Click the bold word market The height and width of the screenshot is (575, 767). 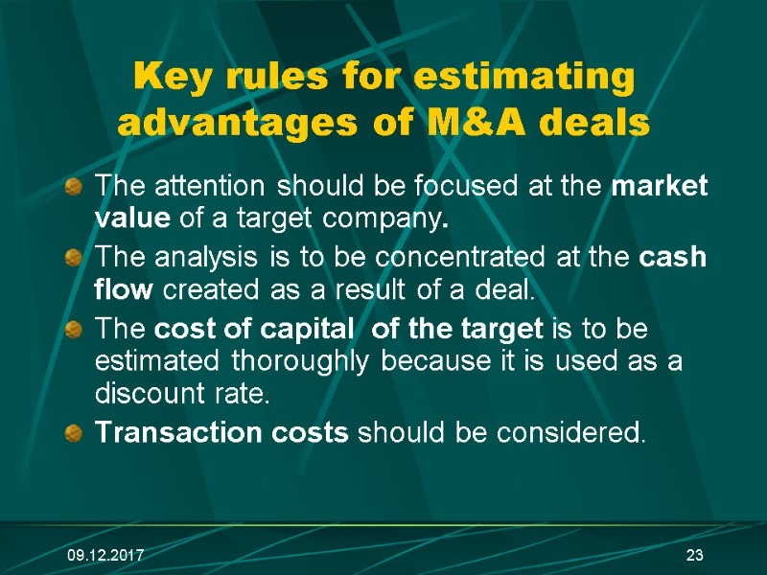click(x=660, y=187)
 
